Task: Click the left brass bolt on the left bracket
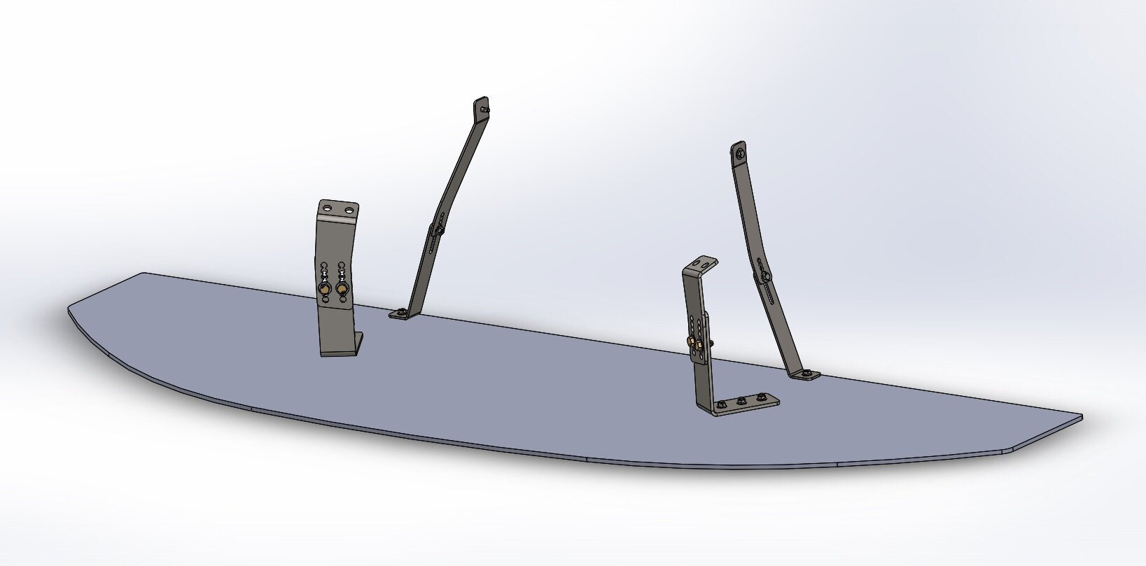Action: [325, 288]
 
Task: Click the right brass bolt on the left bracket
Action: [342, 288]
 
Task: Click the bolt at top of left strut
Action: [486, 110]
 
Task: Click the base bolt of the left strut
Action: [400, 312]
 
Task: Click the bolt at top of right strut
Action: [739, 151]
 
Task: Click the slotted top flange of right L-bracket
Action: [702, 264]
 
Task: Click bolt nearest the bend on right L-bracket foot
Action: [721, 404]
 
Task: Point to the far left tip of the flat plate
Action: [70, 309]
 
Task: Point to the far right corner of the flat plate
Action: [1081, 417]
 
